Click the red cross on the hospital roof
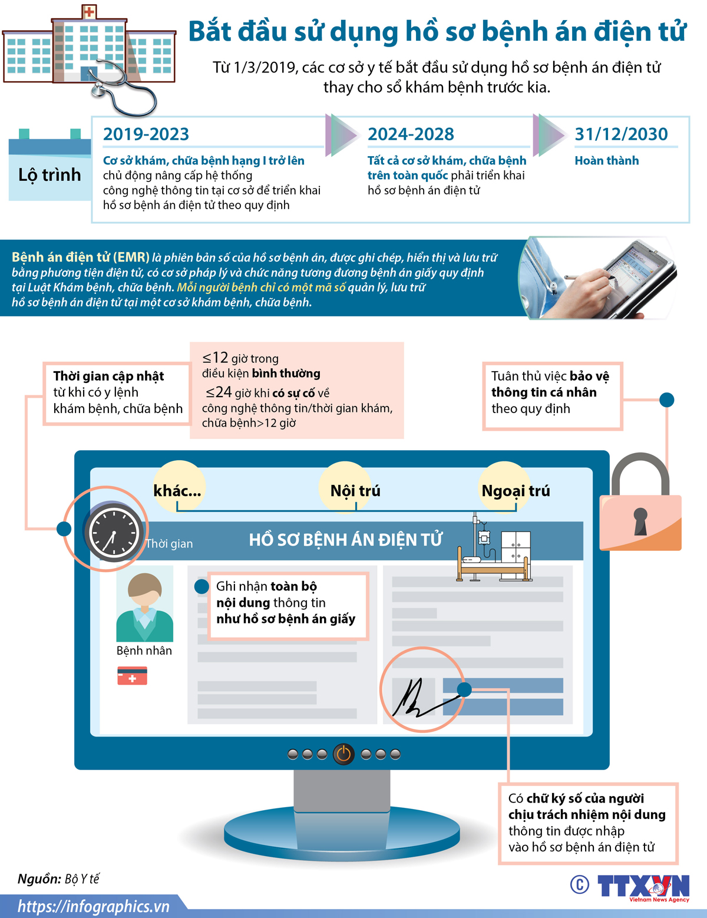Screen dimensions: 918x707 pos(88,11)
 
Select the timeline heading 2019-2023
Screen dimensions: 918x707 pos(146,134)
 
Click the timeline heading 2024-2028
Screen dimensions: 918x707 pos(411,134)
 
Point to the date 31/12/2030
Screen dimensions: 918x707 pos(621,134)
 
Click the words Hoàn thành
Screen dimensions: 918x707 pos(606,161)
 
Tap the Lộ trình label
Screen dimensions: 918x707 pos(49,175)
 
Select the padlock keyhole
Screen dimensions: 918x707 pos(640,520)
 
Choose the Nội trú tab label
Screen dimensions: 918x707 pos(355,491)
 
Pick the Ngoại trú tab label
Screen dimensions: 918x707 pos(516,491)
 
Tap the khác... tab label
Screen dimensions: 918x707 pos(177,491)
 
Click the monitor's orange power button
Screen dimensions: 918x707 pos(343,754)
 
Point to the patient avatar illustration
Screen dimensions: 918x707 pos(145,607)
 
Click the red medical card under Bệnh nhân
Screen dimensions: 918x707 pos(132,676)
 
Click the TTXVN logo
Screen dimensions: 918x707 pos(643,886)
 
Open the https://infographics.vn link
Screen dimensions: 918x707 pos(93,906)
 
